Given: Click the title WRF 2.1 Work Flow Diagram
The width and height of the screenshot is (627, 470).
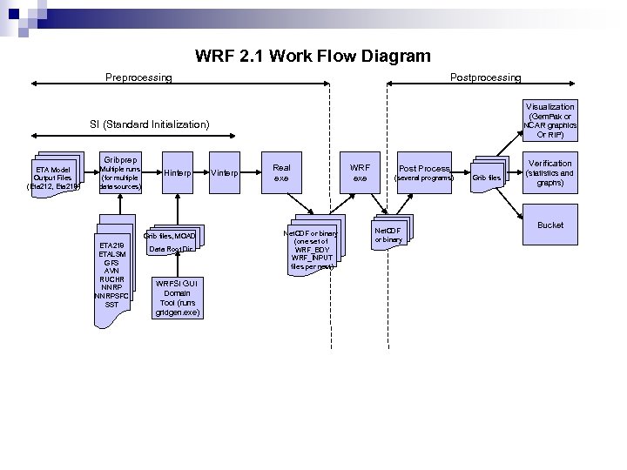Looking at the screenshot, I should pos(313,57).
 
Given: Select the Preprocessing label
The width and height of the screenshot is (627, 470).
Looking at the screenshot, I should pos(138,78).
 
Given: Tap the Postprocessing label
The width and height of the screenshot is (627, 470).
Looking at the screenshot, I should pos(485,78).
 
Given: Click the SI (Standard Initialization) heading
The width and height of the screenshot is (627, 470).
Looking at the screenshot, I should pos(150,125).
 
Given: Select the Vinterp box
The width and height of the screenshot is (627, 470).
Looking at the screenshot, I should pos(225,173).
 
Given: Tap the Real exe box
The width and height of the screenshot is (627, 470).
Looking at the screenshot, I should pos(281,172).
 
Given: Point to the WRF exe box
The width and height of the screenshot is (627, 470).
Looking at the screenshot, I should pos(360,172).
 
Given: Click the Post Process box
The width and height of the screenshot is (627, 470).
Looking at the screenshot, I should pos(424,172).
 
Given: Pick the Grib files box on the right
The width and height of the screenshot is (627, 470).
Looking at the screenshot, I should pos(487,178).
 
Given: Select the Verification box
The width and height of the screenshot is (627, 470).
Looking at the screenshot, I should pos(550,173).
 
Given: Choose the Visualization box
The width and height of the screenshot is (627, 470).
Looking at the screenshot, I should pos(550,120).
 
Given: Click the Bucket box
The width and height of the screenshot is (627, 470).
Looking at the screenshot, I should pos(550,225).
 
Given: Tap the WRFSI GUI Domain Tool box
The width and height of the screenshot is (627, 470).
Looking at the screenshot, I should pos(177,297).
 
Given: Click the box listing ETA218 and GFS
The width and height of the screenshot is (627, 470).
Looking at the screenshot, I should pos(111,274).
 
